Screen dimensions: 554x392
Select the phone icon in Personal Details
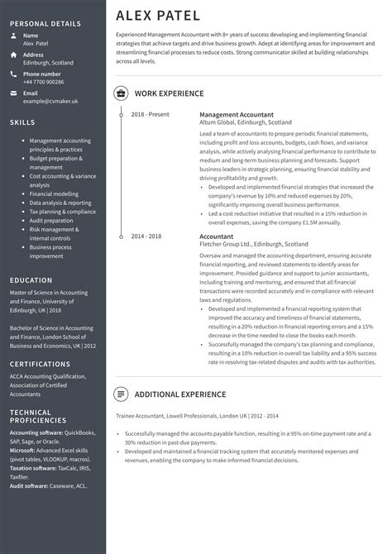click(13, 74)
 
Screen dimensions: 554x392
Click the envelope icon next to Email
click(13, 93)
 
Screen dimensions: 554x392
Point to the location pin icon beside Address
click(13, 55)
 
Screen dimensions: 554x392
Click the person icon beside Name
click(13, 36)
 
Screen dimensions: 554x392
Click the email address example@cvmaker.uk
click(50, 101)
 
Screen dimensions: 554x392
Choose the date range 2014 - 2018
click(146, 236)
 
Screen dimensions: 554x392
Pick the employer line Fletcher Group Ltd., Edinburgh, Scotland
click(253, 245)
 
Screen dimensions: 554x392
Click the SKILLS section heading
click(22, 122)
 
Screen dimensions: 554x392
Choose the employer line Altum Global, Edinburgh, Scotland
click(245, 122)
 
